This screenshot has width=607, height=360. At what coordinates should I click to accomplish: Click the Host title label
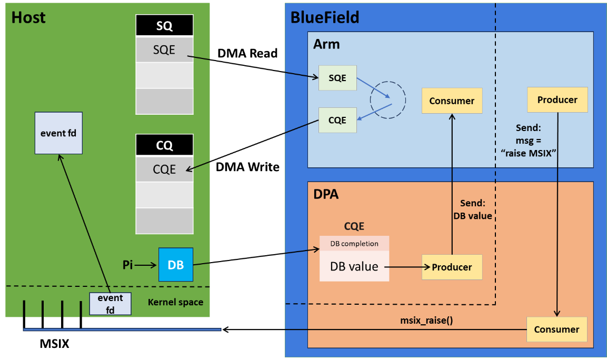click(28, 17)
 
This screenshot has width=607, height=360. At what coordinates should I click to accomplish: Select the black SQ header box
click(164, 26)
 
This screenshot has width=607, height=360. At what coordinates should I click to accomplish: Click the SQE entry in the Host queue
click(164, 50)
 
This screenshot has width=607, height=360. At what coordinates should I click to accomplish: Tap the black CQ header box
click(164, 145)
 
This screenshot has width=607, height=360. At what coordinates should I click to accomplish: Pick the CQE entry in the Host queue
click(164, 169)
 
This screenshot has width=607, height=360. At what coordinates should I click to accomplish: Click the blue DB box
click(176, 265)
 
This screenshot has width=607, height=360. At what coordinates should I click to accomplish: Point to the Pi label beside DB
click(128, 265)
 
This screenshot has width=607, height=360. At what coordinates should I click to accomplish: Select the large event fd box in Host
click(58, 133)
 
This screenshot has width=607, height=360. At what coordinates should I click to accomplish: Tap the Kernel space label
click(175, 302)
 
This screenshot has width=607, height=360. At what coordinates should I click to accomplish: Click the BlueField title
click(325, 17)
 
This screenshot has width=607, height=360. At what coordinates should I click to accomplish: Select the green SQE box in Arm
click(337, 78)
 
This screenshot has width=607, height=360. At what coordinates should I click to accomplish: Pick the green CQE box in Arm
click(337, 120)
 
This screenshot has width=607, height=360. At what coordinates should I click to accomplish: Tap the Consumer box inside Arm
click(452, 101)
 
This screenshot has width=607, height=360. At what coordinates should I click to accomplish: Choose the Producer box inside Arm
click(558, 99)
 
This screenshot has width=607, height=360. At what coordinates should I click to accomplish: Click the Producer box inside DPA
click(452, 267)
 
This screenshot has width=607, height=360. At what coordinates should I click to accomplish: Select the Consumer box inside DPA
click(556, 329)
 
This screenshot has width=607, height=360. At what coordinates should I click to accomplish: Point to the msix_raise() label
click(426, 321)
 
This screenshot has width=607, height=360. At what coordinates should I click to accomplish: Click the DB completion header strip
click(354, 244)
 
